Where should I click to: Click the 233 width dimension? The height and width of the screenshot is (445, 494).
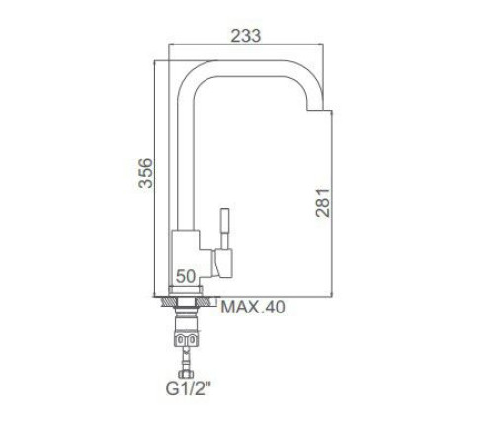pos(246,36)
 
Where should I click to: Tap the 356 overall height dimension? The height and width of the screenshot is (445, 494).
pos(145,173)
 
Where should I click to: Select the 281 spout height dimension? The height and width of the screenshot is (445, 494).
pos(323,203)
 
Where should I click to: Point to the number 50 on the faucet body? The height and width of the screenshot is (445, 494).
pos(186,276)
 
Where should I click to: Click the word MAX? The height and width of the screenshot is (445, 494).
pos(240,308)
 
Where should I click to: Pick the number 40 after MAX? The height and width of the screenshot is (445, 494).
pos(274,308)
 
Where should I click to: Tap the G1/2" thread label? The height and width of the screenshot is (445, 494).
pos(188,389)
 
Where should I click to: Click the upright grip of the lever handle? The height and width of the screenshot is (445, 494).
pos(225,228)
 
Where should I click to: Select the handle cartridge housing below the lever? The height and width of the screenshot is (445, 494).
pos(222,263)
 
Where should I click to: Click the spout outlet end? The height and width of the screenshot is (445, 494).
pos(315,109)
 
